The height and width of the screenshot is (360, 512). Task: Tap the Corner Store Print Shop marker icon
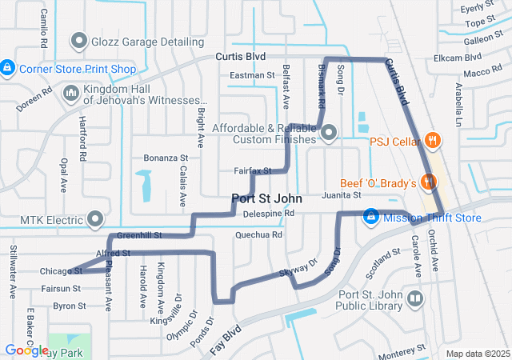point(7,68)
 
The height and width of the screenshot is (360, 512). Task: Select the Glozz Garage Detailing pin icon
point(79,40)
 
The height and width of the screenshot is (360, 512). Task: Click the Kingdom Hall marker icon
point(70,94)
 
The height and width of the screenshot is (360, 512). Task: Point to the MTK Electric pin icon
point(96,218)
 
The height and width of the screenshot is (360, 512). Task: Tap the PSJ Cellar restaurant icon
point(433,141)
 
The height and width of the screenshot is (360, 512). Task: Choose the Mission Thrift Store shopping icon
point(371,217)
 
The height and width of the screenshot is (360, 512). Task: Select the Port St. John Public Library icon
point(415,300)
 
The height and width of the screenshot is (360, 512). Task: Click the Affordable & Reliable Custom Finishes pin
point(330,133)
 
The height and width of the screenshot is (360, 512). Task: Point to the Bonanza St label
point(165,158)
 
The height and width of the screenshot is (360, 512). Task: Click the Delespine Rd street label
point(269,214)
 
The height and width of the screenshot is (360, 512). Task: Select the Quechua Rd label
point(258,235)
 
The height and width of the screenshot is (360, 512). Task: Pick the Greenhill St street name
point(139,236)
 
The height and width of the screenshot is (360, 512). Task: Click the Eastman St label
point(252,75)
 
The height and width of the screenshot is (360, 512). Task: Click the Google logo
point(26,350)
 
